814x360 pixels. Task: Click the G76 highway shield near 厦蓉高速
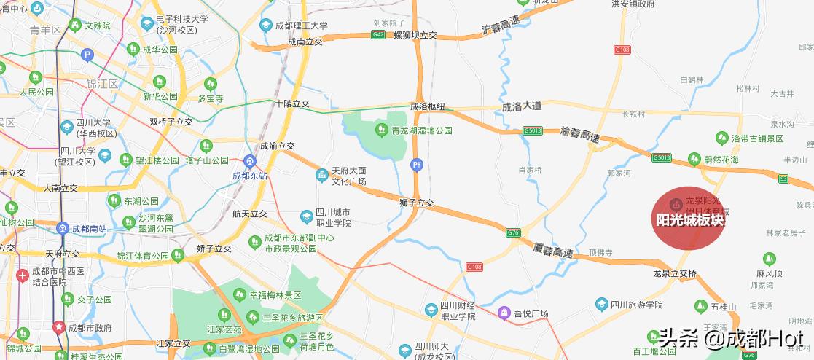pos(514,232)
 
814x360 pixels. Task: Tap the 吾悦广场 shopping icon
pos(504,313)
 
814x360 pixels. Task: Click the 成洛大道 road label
pos(522,106)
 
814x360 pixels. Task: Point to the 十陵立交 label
pos(292,104)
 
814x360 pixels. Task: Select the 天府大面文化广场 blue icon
pos(321,176)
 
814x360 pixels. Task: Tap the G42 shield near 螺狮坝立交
pos(377,34)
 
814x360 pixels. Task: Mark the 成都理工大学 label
pos(302,26)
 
